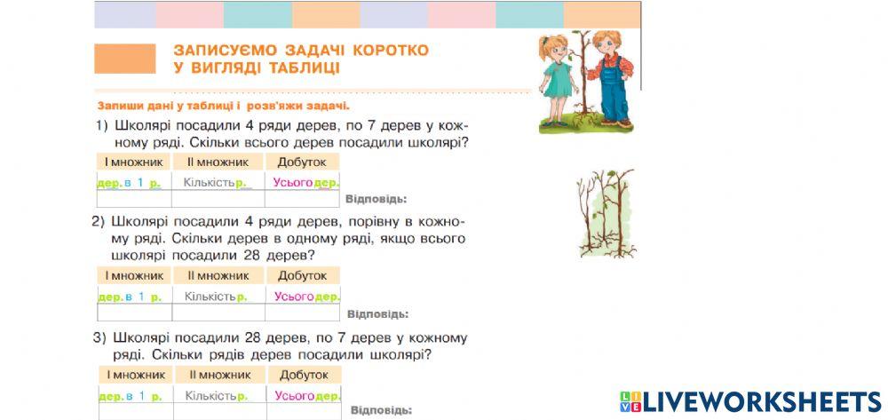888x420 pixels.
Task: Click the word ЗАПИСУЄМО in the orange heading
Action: coord(222,51)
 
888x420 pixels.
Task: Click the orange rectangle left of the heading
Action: coord(124,59)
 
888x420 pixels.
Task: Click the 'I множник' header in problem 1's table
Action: coord(132,162)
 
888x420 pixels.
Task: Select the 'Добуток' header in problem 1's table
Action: coord(302,162)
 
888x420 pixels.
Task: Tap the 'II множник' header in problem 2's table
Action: coord(218,275)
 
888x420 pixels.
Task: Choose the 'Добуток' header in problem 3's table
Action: coord(304,375)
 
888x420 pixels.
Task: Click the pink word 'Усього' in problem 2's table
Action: coord(294,297)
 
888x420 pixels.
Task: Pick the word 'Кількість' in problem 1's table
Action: coord(209,183)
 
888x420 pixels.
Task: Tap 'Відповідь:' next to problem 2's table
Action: coord(377,313)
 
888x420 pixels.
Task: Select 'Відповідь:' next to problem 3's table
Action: coord(381,410)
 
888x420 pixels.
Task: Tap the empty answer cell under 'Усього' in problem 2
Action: coord(302,313)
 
